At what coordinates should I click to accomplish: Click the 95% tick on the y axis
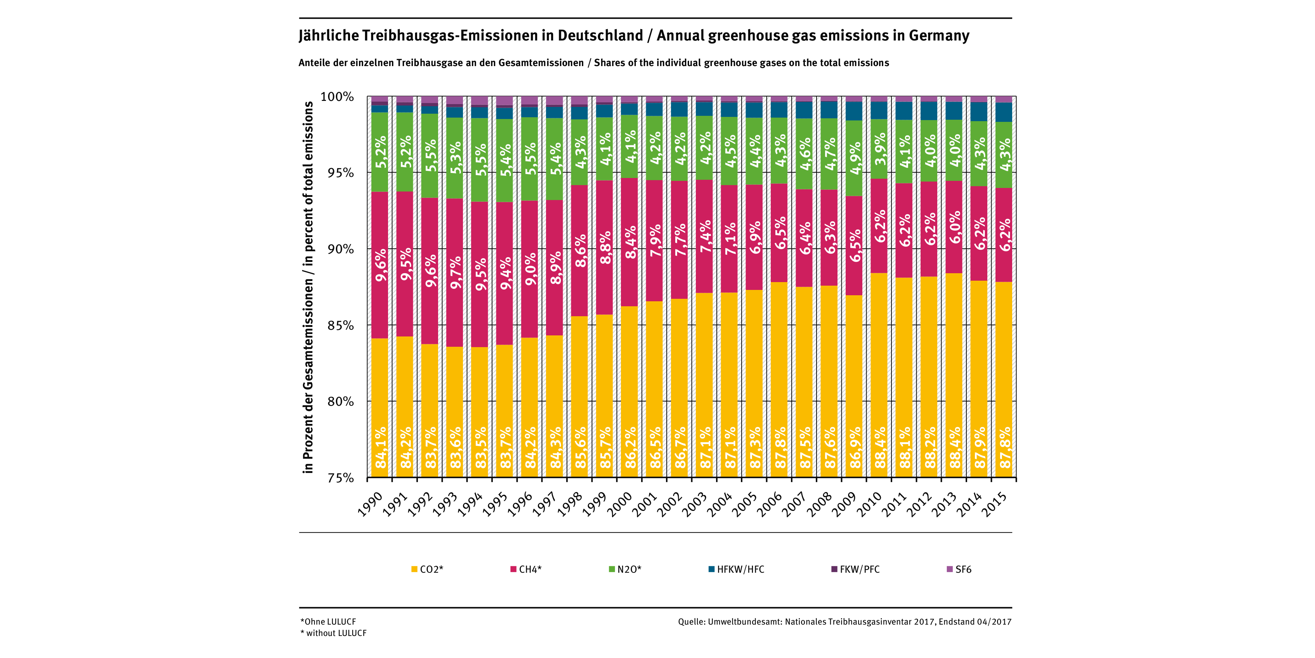point(340,173)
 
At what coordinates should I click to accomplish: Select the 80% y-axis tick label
point(340,401)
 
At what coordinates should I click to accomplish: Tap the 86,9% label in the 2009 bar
point(856,448)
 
